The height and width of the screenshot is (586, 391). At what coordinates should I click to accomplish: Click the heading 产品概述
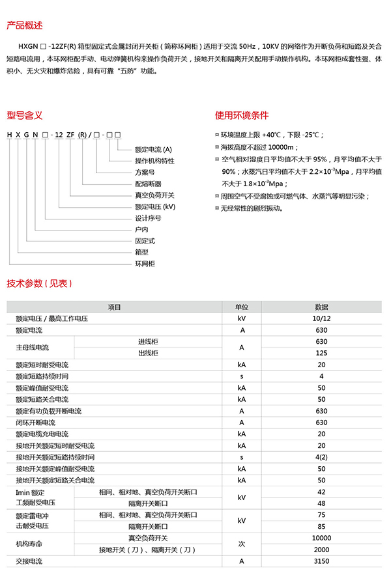(25, 26)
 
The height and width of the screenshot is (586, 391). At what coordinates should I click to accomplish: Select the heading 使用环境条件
(242, 116)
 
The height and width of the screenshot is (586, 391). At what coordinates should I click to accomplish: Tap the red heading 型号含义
(25, 116)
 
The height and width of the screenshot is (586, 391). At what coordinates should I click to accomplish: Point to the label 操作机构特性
(154, 161)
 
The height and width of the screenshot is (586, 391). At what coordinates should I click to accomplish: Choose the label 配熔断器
(148, 184)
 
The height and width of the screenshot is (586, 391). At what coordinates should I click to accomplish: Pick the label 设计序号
(148, 218)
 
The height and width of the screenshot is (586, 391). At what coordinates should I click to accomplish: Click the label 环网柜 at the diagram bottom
(145, 264)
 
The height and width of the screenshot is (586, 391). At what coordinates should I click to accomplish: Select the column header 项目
(114, 307)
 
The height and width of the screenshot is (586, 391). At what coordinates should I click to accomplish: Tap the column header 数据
(321, 307)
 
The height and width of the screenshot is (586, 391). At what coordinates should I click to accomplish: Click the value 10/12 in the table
(321, 318)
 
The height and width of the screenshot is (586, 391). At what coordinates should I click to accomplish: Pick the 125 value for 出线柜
(321, 353)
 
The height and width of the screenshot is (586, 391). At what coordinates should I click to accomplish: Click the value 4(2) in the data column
(321, 457)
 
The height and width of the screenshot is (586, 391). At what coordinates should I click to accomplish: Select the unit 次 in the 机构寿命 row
(241, 543)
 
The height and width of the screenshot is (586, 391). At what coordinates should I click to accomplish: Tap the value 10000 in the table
(321, 538)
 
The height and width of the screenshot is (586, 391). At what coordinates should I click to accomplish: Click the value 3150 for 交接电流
(321, 561)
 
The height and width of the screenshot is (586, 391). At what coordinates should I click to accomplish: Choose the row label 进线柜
(148, 342)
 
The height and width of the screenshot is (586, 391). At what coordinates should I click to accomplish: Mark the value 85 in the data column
(321, 526)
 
